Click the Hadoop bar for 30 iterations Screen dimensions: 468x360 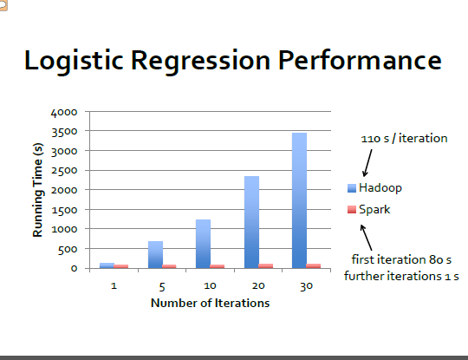click(299, 200)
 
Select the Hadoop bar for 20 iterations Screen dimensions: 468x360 click(251, 222)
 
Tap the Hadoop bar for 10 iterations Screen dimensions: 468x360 click(204, 244)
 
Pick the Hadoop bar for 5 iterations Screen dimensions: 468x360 click(155, 254)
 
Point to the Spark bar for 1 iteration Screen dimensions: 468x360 click(120, 266)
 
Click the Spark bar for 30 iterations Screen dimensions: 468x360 click(314, 266)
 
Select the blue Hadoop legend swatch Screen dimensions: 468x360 click(352, 188)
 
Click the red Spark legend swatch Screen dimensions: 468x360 click(352, 209)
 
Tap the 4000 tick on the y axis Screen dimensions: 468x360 click(64, 113)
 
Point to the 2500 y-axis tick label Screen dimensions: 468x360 click(64, 171)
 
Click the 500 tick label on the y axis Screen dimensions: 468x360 click(68, 249)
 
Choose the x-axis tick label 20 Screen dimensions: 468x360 click(258, 286)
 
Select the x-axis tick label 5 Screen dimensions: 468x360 click(162, 287)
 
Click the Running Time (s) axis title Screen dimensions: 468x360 click(38, 190)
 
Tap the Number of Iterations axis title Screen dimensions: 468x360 click(210, 303)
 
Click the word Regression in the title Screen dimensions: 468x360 click(200, 62)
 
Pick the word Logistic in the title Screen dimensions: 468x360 click(74, 62)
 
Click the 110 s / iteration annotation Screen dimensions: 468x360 click(404, 138)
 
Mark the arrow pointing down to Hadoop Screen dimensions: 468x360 click(367, 163)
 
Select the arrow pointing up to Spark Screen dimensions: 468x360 click(367, 238)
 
